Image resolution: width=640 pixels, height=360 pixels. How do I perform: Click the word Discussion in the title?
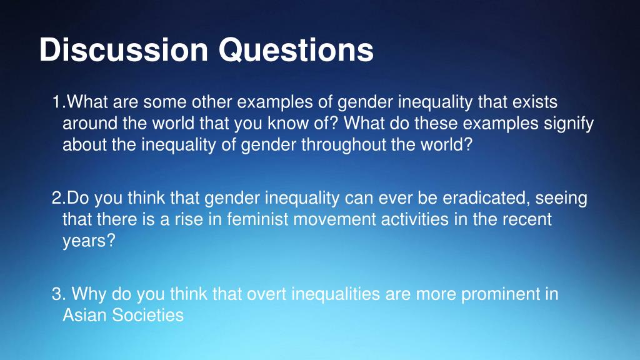(x=124, y=50)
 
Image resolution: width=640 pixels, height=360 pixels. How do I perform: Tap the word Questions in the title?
(x=296, y=50)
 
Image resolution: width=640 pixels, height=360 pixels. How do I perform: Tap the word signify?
(x=569, y=124)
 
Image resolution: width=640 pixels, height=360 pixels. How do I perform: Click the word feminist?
(x=257, y=219)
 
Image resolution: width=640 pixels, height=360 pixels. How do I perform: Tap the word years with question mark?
(x=89, y=241)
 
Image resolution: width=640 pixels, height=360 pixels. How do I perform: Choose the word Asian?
(x=85, y=315)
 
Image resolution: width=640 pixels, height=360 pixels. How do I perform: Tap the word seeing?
(x=561, y=199)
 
